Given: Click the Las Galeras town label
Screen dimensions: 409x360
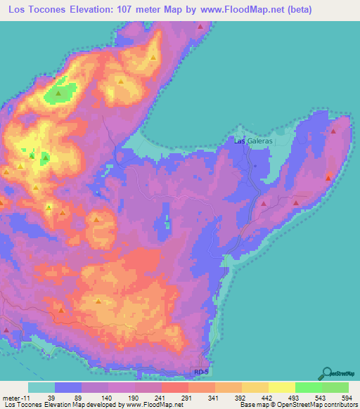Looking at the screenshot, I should click(252, 141).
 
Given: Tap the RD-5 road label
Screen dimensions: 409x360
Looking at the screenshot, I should click(202, 371).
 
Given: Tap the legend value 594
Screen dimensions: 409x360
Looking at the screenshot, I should click(346, 397).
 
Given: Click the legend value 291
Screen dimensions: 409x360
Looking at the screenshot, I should click(188, 397).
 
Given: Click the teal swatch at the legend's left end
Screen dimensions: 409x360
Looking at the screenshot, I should click(41, 387).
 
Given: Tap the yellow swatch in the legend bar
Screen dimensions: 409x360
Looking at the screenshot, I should click(281, 387).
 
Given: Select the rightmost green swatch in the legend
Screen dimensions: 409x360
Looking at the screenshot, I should click(335, 387).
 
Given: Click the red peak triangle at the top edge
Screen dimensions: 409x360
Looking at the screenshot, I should click(201, 26).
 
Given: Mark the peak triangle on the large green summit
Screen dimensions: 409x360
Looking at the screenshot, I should click(59, 91).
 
